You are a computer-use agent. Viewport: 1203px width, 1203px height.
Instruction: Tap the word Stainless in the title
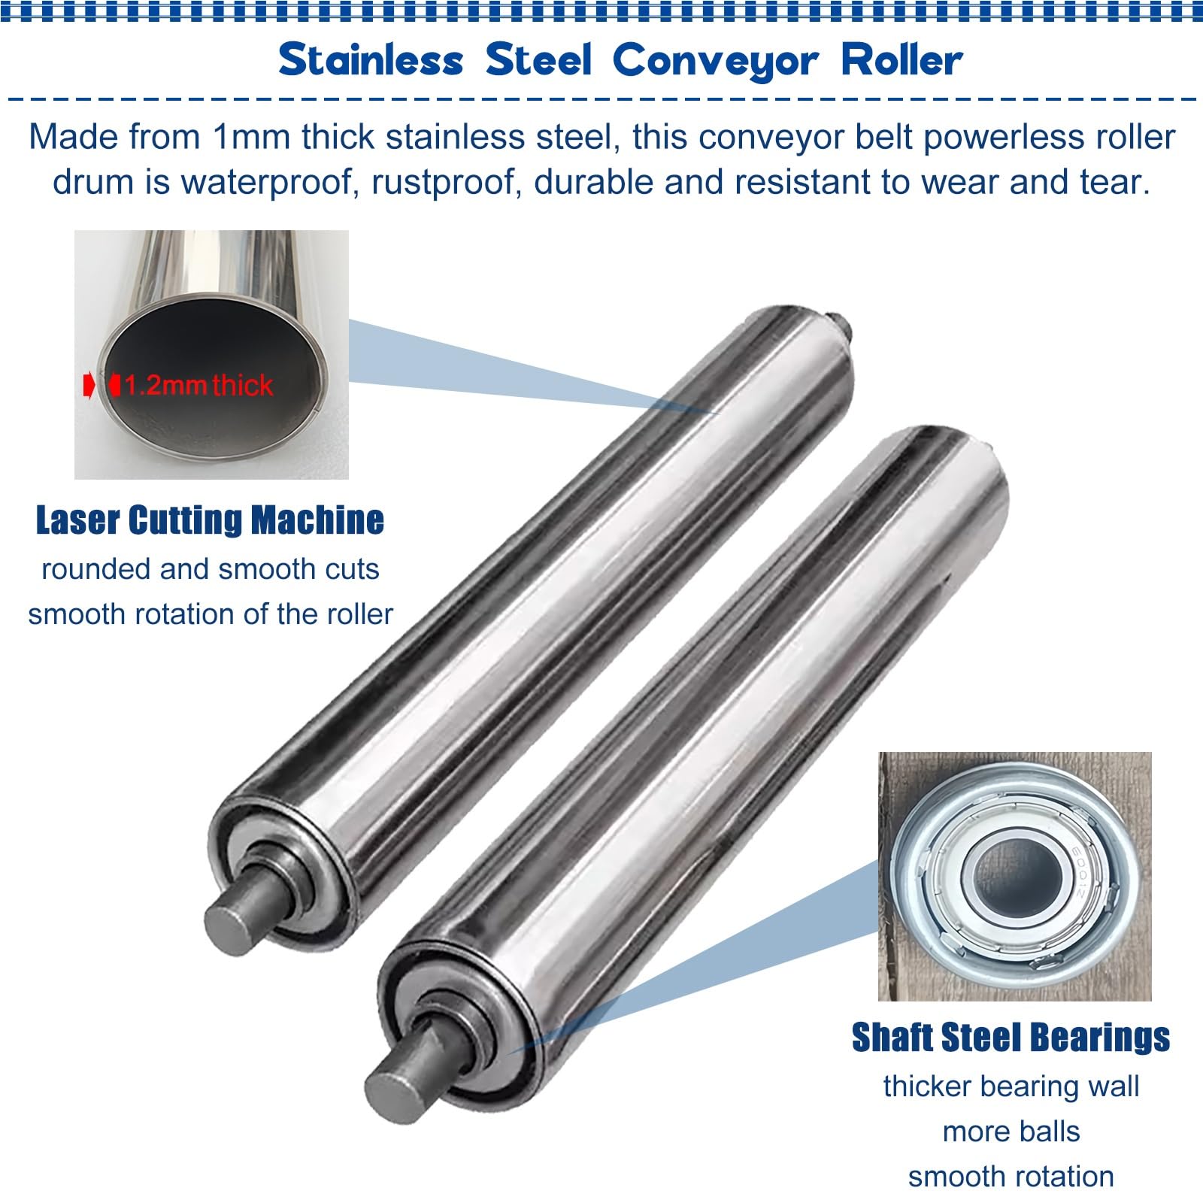371,59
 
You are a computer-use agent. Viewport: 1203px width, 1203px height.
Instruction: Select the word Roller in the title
901,59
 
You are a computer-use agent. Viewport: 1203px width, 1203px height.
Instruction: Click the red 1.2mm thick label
198,386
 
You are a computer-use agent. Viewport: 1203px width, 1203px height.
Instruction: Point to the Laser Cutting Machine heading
210,520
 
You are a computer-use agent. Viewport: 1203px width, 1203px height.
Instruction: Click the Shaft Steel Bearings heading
1011,1038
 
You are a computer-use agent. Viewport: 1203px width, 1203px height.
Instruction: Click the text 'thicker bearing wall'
1011,1086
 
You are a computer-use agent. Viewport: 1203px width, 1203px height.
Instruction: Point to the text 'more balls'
1011,1132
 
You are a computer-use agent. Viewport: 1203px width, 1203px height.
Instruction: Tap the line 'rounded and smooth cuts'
210,569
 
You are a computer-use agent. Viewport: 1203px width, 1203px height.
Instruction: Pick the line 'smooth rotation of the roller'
210,614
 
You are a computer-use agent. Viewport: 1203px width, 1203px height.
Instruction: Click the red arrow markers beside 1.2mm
102,385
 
